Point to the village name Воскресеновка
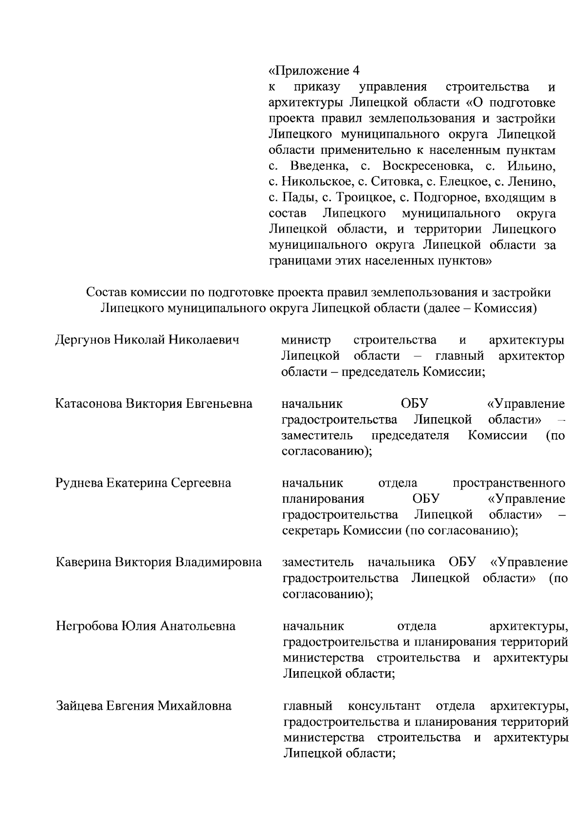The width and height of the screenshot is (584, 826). (427, 166)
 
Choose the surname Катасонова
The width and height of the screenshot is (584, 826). (90, 404)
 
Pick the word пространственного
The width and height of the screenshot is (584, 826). (509, 483)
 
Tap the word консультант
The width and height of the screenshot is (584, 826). (384, 705)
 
